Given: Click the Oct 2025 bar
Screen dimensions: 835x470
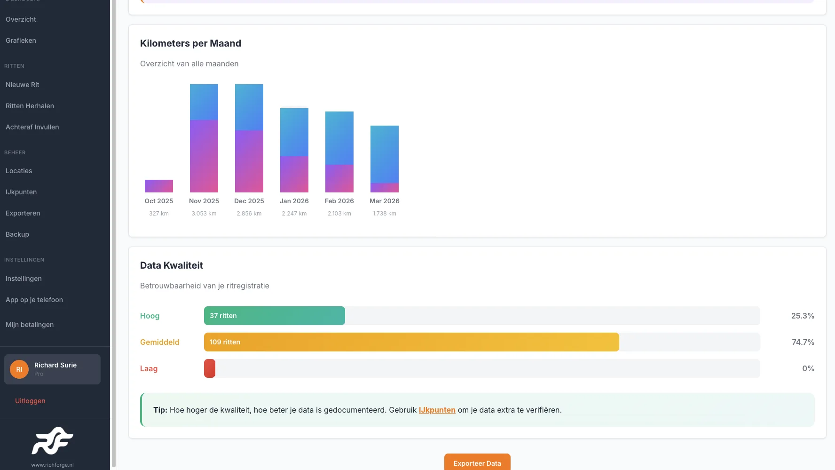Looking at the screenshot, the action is (159, 186).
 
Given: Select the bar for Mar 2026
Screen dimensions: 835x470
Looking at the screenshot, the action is (385, 159).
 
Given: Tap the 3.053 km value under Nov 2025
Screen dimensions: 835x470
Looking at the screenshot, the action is (204, 214).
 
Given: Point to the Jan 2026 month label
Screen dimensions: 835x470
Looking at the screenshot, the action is (294, 201).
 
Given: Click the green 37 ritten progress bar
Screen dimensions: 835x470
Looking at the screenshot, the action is (275, 316).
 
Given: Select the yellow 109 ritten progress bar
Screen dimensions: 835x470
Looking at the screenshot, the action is (411, 342).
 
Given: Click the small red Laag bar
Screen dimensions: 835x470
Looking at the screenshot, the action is (210, 368).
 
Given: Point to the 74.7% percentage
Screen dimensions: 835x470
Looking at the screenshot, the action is (803, 342).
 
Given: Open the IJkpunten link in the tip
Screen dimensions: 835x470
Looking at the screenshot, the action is (437, 410).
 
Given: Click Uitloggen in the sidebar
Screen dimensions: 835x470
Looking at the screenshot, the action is (30, 401).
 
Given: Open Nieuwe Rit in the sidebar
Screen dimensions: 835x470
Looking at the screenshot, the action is (23, 85).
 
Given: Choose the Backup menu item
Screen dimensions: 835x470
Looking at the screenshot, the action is (17, 234).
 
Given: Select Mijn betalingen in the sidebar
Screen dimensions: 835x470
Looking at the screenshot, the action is (30, 325).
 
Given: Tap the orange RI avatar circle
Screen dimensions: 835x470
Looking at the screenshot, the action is (19, 369).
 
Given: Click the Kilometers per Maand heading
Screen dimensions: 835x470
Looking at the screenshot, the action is (190, 43).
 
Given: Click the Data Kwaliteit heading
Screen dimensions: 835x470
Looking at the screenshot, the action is (172, 265).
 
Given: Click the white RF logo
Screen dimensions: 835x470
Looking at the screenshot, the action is (52, 441).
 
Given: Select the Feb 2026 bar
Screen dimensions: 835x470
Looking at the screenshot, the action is (339, 152).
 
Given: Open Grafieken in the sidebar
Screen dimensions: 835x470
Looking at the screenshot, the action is (21, 40).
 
